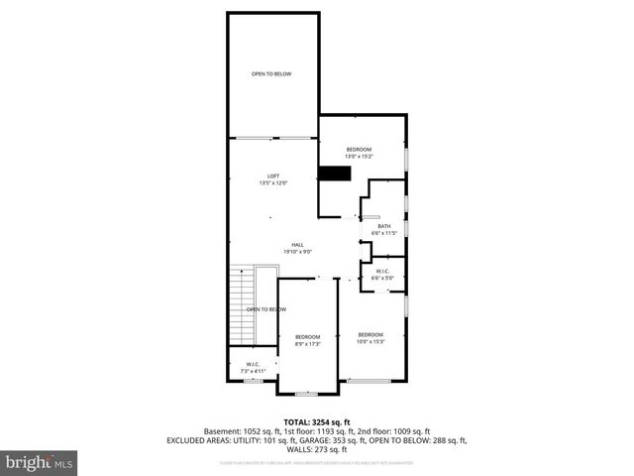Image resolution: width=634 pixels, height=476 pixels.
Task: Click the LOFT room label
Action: [x=272, y=176]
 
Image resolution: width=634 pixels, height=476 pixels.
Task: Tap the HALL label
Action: [x=296, y=244]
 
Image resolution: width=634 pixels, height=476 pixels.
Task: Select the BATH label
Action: [x=382, y=226]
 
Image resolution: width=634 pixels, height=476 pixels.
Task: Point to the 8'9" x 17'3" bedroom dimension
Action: [x=308, y=344]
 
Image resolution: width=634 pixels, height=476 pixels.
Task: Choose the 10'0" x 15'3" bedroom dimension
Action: [x=370, y=341]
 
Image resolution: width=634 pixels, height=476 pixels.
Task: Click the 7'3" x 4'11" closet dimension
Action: [x=254, y=371]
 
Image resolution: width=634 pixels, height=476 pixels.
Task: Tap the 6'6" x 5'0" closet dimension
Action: [x=382, y=279]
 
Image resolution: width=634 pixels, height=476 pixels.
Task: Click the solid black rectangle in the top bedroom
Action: [x=335, y=174]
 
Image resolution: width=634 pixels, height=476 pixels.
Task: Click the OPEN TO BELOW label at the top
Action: [x=270, y=73]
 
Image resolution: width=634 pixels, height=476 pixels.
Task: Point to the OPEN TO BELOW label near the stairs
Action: [x=265, y=309]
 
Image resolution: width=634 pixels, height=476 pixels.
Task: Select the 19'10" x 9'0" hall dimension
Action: [x=296, y=251]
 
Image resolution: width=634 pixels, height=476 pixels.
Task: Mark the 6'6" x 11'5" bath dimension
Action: [x=382, y=233]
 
